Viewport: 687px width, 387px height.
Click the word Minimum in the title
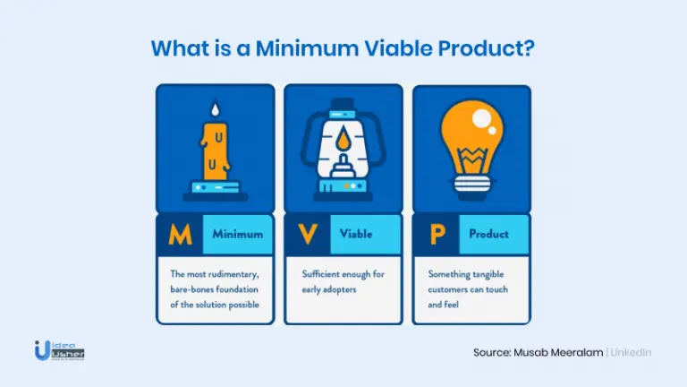click(307, 48)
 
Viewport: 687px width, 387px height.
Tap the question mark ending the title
click(529, 47)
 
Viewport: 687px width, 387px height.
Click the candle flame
click(215, 107)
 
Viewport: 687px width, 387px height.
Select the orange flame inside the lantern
click(343, 139)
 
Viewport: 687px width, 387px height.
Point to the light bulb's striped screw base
click(471, 184)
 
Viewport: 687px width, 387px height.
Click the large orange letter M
click(180, 235)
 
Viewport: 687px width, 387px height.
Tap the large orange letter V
click(308, 234)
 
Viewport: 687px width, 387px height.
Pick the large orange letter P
click(437, 235)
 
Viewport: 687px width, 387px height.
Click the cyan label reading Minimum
click(238, 235)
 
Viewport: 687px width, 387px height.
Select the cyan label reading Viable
click(365, 235)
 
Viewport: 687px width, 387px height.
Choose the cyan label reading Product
click(494, 235)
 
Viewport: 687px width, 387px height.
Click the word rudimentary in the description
click(233, 275)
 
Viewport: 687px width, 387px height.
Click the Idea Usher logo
click(59, 350)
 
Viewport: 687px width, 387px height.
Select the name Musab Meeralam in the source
click(558, 352)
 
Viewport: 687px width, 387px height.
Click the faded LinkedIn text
click(631, 352)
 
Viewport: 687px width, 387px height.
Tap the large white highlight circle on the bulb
click(481, 117)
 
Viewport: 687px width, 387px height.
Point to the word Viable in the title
click(398, 48)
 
